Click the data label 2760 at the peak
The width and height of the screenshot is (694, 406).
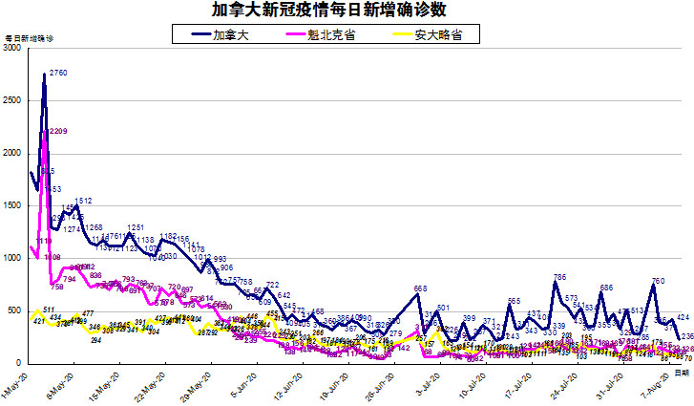(x=58, y=74)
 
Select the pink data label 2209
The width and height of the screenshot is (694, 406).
(x=57, y=131)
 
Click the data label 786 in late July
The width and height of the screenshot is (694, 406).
(x=560, y=278)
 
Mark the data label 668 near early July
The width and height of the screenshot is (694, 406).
(x=420, y=288)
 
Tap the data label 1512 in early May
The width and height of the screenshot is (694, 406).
(x=83, y=201)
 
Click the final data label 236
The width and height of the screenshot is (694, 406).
(x=684, y=336)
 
